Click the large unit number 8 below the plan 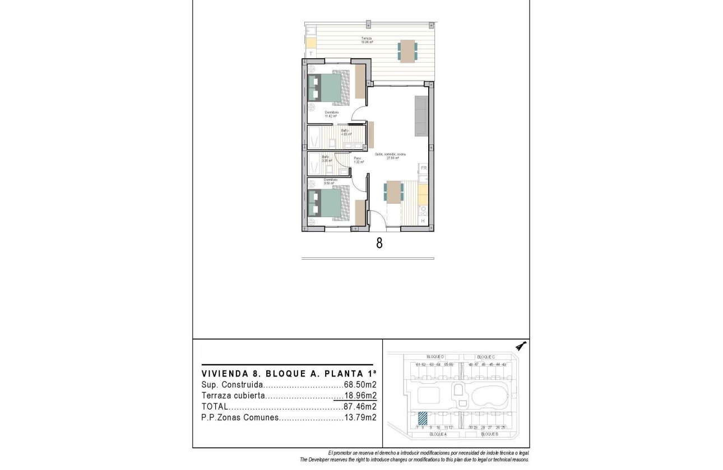coord(379,244)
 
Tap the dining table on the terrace coord(407,51)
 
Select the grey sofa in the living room coord(421,116)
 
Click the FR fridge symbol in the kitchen coord(424,168)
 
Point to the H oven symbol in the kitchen coord(423,221)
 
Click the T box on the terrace coord(310,53)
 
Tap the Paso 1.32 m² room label coord(358,160)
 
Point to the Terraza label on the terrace coord(367,39)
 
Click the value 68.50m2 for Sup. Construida coord(360,385)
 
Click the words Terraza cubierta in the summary coord(232,396)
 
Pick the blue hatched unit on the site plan coord(423,418)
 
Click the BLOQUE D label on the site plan coord(435,356)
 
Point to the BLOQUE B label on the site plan coord(489,434)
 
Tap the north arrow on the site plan coord(521,346)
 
